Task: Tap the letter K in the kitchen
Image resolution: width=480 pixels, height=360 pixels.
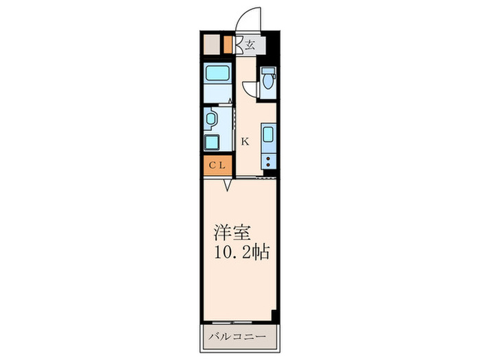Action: [245, 142]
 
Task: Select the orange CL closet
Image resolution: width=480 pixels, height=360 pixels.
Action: [217, 165]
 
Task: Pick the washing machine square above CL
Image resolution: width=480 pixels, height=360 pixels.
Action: [213, 143]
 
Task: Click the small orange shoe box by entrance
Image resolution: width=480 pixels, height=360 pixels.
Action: [228, 45]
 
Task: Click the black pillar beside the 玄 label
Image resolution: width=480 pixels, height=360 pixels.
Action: [273, 45]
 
